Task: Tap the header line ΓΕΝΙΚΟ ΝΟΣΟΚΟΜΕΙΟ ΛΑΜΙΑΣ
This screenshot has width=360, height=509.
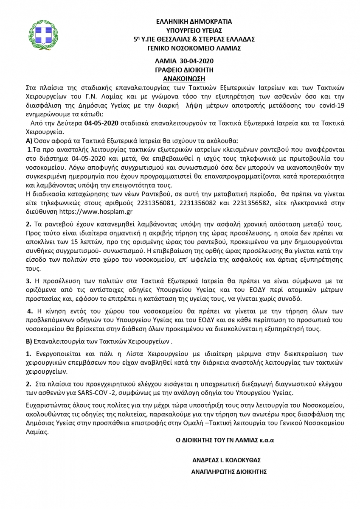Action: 194,48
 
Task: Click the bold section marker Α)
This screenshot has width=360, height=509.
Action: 29,140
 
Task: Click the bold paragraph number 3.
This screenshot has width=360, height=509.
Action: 28,281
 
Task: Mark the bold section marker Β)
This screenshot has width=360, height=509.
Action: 29,341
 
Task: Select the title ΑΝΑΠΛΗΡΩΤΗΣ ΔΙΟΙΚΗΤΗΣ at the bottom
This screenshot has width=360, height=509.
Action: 229,471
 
